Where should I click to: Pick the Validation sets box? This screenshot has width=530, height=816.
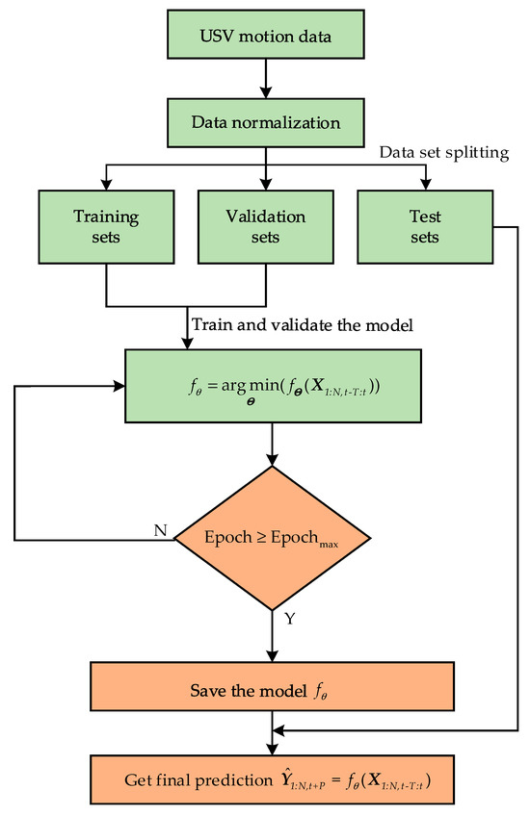(x=264, y=227)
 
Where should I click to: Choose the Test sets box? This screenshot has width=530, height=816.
(x=423, y=227)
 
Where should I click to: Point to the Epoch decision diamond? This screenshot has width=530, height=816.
(x=274, y=539)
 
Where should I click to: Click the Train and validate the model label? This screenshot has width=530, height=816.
(x=303, y=326)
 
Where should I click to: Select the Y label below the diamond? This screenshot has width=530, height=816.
(x=288, y=621)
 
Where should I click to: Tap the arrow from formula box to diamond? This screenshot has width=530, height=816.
(x=274, y=443)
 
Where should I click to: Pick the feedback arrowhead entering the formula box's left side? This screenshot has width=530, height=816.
(x=121, y=387)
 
